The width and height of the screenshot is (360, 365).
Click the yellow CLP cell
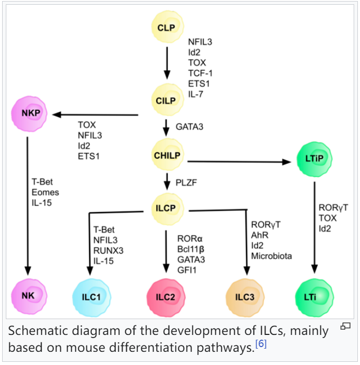pos(166,27)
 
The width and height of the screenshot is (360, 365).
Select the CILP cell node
pos(166,100)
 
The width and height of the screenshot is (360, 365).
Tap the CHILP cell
pos(167,155)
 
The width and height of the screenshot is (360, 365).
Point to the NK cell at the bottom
pos(28,295)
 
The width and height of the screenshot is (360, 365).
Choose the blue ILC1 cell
pos(91,297)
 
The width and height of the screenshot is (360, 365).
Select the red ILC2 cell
pos(165,296)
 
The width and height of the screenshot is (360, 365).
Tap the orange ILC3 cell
pos(243,297)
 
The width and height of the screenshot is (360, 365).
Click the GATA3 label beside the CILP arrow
pos(190,127)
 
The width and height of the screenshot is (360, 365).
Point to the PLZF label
pos(187,183)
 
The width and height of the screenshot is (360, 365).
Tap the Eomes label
pos(45,193)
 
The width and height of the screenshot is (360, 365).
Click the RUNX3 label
pos(107,250)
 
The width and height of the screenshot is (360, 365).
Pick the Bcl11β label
pos(191,248)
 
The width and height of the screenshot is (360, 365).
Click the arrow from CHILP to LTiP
pos(238,161)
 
